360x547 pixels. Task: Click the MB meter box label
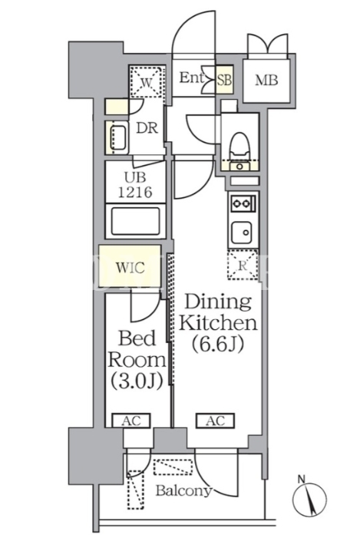point(266,81)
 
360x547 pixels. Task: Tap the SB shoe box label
point(224,80)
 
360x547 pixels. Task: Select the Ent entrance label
point(191,77)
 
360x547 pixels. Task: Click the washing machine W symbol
point(147,82)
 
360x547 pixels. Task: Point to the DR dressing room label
point(147,128)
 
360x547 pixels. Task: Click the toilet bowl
point(240,145)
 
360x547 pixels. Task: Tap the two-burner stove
point(243,203)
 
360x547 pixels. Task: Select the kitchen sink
point(241,232)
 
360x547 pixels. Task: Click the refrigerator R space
point(243,265)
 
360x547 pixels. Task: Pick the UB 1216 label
point(136,185)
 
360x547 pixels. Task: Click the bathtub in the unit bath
point(136,221)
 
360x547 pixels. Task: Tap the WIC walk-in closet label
point(130,268)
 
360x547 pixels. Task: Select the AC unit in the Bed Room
point(131,420)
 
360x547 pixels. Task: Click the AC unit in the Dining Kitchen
point(216,420)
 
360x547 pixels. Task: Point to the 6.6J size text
point(217,344)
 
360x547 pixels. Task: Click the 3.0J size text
point(137,381)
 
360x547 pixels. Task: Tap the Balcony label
point(184,491)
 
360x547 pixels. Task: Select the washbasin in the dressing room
point(118,138)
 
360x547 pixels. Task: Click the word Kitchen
point(218,323)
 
